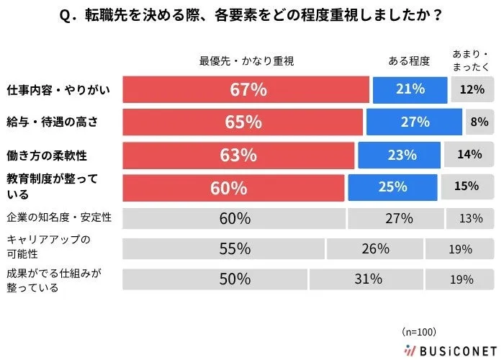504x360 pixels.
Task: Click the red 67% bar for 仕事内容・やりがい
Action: point(246,90)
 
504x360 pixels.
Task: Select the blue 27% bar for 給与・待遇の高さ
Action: point(414,122)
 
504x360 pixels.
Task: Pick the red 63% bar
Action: point(239,155)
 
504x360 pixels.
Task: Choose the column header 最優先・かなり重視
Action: point(246,61)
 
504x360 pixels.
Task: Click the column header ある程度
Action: point(409,61)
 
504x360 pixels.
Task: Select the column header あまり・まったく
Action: point(471,60)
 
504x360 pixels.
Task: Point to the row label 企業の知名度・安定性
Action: point(60,216)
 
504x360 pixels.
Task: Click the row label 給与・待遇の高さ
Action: point(50,122)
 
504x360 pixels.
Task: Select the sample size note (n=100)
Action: point(419,332)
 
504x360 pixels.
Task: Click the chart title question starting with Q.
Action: point(252,15)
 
